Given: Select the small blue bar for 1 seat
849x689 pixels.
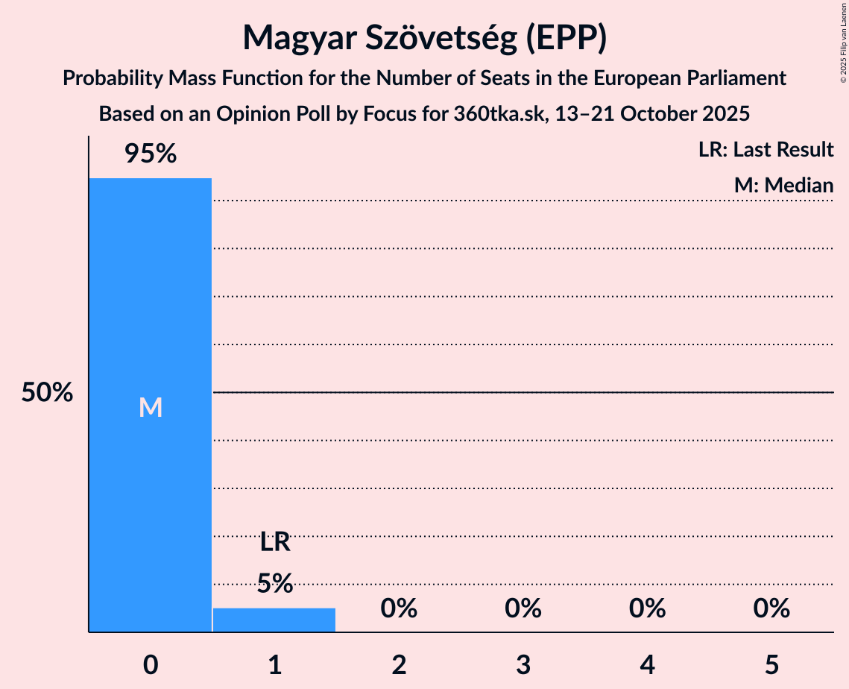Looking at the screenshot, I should [274, 620].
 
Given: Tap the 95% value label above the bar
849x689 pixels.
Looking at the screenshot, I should [151, 154].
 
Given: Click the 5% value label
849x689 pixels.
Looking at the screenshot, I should [275, 583].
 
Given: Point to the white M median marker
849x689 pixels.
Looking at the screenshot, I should [151, 407].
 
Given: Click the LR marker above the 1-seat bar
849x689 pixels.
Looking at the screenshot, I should [275, 542].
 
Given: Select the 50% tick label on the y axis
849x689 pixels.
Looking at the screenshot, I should [47, 393].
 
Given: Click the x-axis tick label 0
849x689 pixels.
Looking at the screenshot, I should [151, 664].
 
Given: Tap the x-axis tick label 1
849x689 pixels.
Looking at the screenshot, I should [275, 664].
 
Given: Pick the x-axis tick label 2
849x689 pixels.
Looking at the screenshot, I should [399, 664].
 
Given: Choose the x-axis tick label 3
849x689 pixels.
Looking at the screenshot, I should [523, 664].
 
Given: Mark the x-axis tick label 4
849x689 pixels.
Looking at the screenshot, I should [647, 664].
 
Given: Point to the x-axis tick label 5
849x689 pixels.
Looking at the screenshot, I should [771, 664].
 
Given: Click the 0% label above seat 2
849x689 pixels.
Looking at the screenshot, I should [399, 609].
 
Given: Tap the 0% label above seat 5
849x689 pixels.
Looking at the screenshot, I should [771, 609].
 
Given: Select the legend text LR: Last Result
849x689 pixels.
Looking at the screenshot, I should [766, 150].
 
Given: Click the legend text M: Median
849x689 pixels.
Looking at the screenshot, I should [783, 185].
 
